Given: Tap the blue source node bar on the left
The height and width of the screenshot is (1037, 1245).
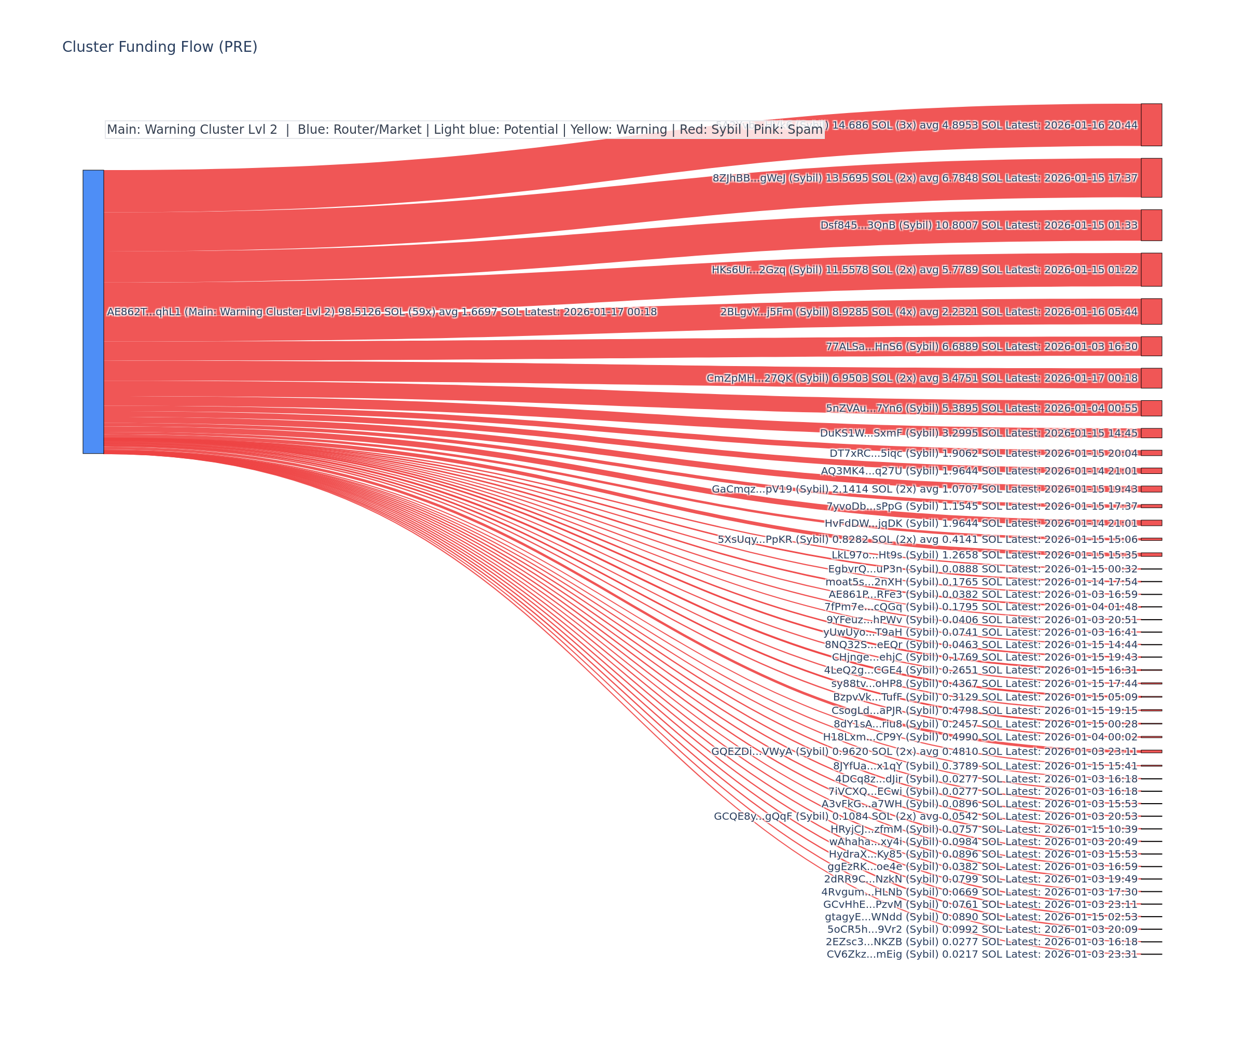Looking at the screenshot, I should click(x=93, y=312).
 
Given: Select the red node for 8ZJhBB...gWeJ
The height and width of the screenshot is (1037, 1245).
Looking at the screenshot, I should click(x=1151, y=178).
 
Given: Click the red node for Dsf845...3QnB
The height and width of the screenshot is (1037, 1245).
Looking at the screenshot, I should click(x=1151, y=225).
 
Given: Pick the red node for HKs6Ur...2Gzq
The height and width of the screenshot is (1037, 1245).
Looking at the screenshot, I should click(x=1151, y=270).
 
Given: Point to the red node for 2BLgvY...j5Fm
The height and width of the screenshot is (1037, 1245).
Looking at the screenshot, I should click(x=1151, y=312).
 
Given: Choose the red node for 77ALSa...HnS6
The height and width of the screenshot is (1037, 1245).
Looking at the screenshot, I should click(x=1151, y=346).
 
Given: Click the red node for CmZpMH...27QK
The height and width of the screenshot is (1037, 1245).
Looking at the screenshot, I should click(x=1151, y=378).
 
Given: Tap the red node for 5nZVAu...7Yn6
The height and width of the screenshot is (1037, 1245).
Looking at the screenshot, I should click(x=1151, y=408).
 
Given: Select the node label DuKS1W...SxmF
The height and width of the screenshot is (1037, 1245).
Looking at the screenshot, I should click(x=978, y=433).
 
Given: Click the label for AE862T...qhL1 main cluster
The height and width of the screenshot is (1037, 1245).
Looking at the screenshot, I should click(x=381, y=312).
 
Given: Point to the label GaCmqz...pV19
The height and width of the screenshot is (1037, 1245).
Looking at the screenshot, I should click(x=924, y=489).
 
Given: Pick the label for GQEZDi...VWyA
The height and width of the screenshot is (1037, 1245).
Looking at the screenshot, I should click(x=924, y=751).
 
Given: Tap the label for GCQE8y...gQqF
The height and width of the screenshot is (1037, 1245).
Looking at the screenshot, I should click(x=925, y=816).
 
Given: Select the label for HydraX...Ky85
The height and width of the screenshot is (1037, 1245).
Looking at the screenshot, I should click(x=983, y=854).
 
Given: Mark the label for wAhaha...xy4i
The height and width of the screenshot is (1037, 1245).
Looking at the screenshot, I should click(x=983, y=842).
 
